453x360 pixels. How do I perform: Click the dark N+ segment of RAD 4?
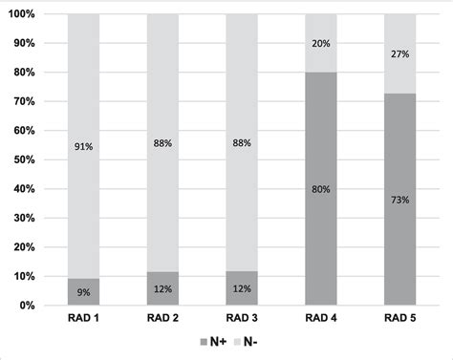pos(320,229)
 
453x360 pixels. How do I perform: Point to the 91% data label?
pos(84,146)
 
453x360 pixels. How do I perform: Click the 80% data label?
pos(320,189)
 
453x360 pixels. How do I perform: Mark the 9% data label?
pos(84,291)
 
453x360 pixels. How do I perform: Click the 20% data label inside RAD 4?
pos(320,44)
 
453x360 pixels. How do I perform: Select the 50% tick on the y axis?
pos(24,160)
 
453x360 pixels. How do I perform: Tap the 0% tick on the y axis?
pos(27,306)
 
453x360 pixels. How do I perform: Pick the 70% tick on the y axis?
pos(24,102)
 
